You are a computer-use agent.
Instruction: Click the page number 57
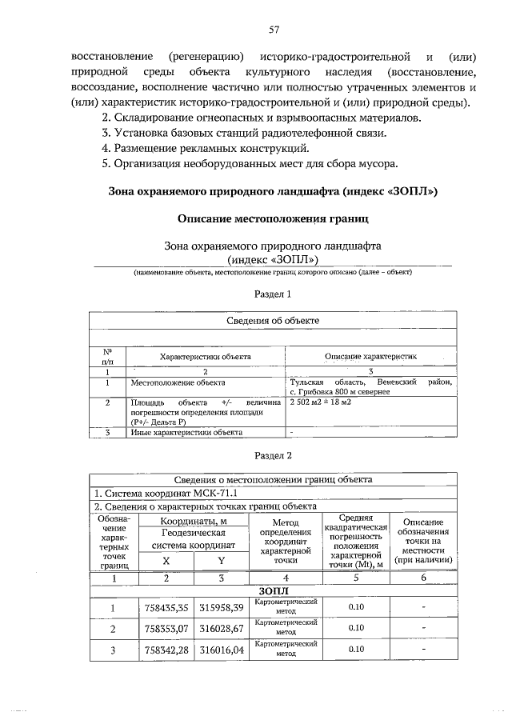pyautogui.click(x=274, y=30)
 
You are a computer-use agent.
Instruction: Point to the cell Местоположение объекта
pyautogui.click(x=178, y=383)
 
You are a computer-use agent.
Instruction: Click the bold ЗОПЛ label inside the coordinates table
pyautogui.click(x=274, y=590)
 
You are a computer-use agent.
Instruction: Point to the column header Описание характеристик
pyautogui.click(x=370, y=355)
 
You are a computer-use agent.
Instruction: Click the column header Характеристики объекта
pyautogui.click(x=205, y=355)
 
